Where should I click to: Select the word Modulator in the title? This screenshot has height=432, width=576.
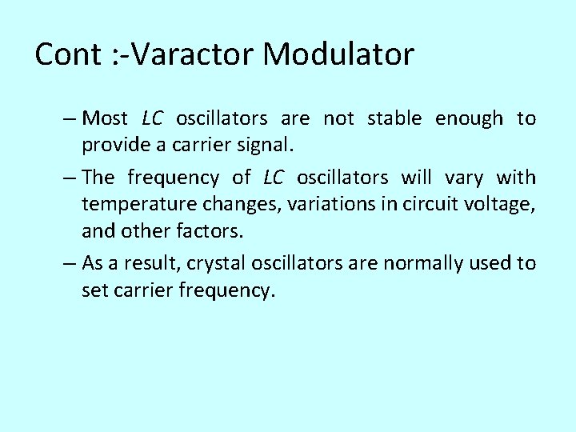pyautogui.click(x=339, y=54)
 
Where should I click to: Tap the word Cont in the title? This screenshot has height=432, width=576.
pyautogui.click(x=67, y=54)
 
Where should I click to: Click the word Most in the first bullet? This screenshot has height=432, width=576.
pyautogui.click(x=105, y=119)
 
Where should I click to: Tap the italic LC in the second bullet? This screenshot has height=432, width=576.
pyautogui.click(x=274, y=177)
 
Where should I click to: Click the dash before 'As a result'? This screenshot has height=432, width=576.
pyautogui.click(x=69, y=263)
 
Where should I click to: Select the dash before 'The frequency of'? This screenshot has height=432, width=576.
pyautogui.click(x=69, y=177)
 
